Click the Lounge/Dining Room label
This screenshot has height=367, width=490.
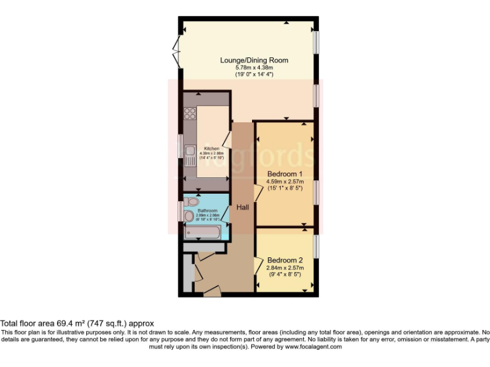pos(254,61)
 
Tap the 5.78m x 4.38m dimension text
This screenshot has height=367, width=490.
pos(254,68)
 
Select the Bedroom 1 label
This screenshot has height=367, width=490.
pos(285,174)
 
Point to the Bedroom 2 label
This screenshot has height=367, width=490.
pos(285,261)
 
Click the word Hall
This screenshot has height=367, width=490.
pos(243,208)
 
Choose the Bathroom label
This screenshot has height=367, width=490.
pos(207,210)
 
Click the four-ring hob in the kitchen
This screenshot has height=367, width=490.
pos(190,114)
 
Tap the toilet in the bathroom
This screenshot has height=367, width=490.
pos(193,201)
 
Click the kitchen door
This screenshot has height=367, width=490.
pos(226,141)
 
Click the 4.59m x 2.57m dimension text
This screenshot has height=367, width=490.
pos(285,181)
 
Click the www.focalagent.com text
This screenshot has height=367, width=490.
pos(313,347)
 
